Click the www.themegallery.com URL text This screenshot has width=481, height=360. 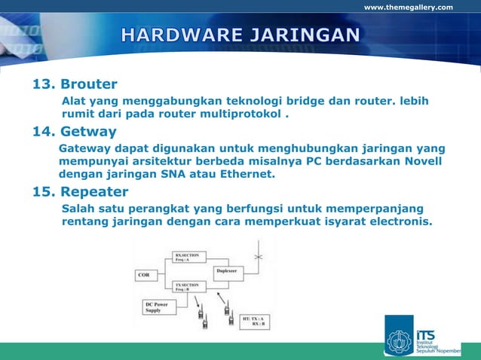[x=408, y=8]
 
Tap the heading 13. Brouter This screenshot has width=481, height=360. [x=74, y=84]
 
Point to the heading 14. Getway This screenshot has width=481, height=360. [x=74, y=133]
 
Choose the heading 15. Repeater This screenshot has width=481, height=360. [x=80, y=191]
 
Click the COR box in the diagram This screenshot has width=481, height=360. [x=146, y=275]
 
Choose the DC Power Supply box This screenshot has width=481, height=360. [x=158, y=307]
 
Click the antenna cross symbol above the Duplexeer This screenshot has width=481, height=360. [x=258, y=258]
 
